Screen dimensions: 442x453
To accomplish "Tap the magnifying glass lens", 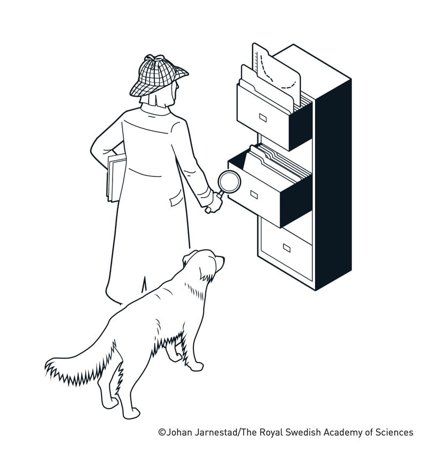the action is tap(229, 181).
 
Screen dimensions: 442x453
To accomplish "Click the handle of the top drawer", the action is tap(263, 117).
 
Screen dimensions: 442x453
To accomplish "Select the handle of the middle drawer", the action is tap(254, 195).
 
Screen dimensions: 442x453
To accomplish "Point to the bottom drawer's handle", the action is tap(287, 248).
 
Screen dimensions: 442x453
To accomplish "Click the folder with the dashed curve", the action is tap(276, 75).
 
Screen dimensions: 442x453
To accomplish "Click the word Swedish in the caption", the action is tap(303, 433).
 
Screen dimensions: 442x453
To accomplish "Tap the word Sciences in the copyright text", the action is tap(394, 433).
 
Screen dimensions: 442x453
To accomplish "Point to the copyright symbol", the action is tap(162, 433).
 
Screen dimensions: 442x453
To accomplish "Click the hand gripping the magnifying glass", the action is tap(213, 204).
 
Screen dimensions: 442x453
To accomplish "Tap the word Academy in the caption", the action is tap(343, 433).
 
